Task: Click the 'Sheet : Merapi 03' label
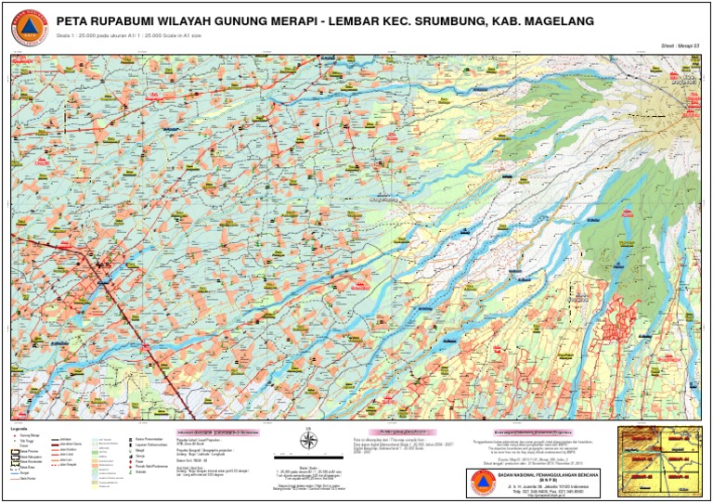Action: [x=680, y=45]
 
